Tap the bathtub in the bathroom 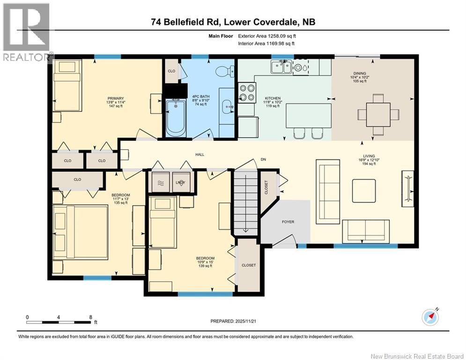tap(176, 116)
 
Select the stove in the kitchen tap(247, 92)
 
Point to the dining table tap(378, 114)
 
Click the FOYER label tap(288, 222)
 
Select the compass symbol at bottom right tap(430, 317)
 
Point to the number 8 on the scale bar tap(90, 317)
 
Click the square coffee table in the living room tap(364, 191)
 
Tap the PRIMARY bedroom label tap(115, 98)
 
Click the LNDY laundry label tap(180, 182)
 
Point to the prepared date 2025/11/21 tap(235, 321)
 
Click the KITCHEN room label tap(272, 97)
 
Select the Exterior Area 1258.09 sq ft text tap(266, 36)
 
